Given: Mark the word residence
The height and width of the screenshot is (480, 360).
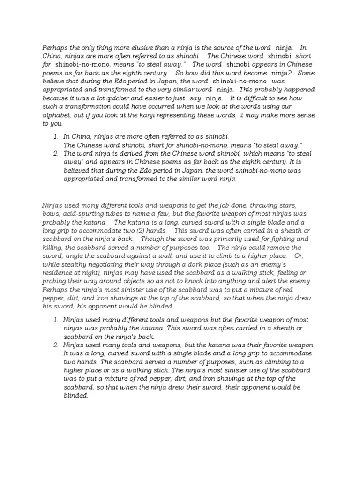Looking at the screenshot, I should click(x=58, y=273).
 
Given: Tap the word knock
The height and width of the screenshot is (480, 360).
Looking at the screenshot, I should click(x=202, y=281).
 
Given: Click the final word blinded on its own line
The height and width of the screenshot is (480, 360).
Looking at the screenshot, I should click(x=75, y=395).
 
